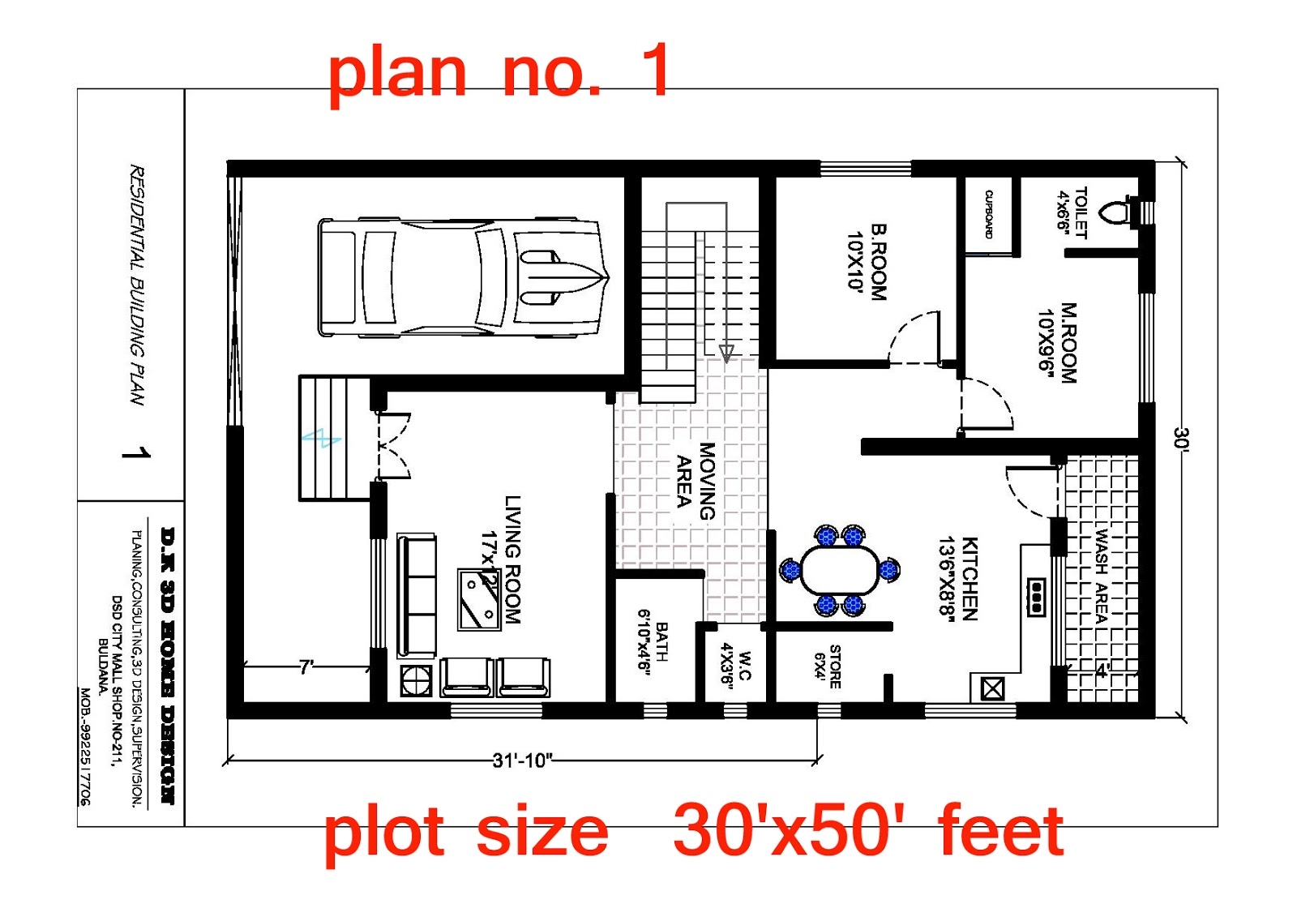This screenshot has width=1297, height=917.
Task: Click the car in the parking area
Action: (x=462, y=276)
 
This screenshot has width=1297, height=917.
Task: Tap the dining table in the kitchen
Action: (x=839, y=570)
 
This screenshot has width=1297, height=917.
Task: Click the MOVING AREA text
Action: (x=696, y=481)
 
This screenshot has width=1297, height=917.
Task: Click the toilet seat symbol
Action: (x=1116, y=212)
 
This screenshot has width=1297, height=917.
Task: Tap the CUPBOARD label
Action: (x=989, y=214)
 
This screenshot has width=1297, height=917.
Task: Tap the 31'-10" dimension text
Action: (x=523, y=761)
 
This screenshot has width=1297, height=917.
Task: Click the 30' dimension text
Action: (x=1181, y=438)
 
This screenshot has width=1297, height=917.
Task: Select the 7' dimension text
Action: (x=306, y=667)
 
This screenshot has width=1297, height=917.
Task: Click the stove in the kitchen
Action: (x=1036, y=597)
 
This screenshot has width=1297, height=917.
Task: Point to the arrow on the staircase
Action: (x=726, y=353)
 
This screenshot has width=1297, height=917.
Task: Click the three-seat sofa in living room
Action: (x=417, y=594)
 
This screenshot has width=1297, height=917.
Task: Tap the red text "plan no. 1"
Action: (x=499, y=71)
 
